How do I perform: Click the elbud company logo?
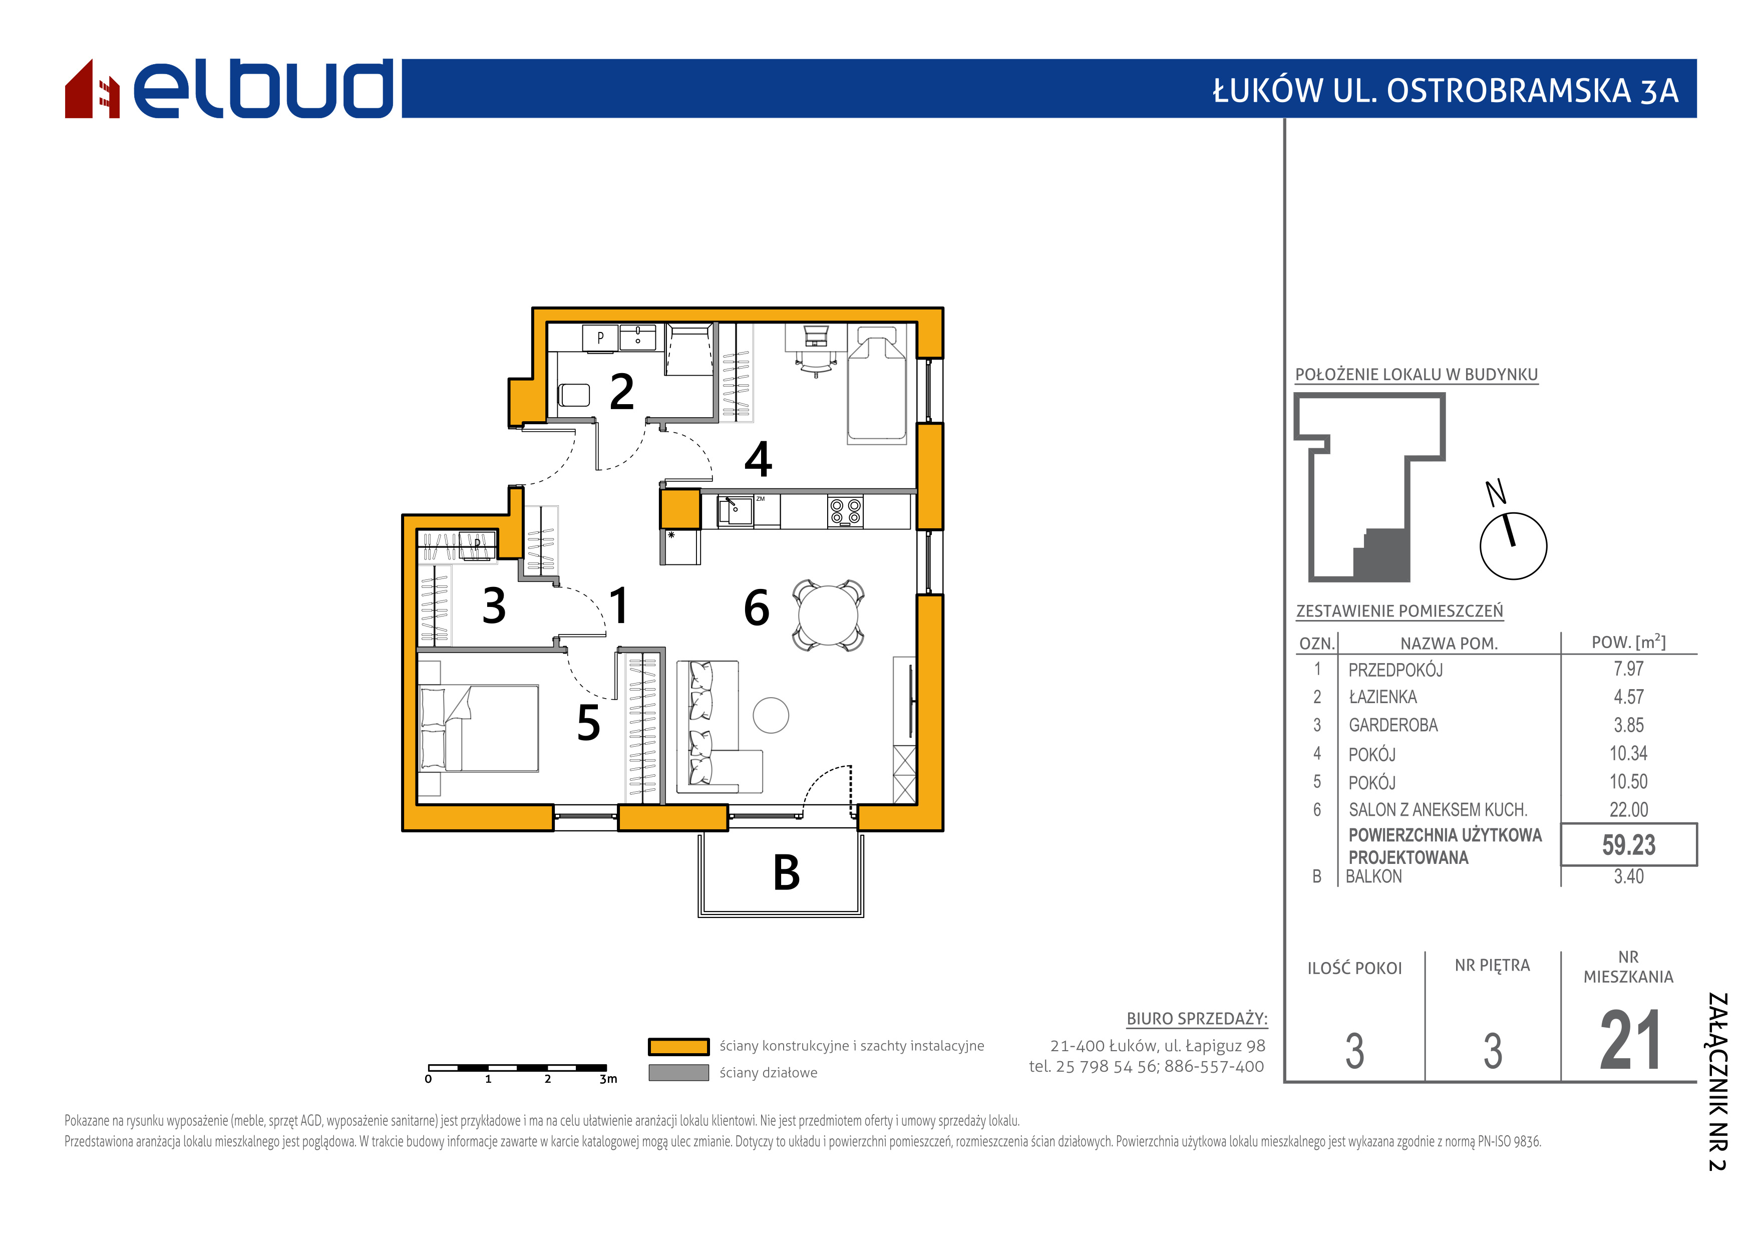[229, 89]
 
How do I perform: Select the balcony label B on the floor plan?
[786, 872]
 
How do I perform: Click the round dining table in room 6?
[828, 615]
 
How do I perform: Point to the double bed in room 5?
[479, 728]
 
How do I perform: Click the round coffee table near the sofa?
[771, 715]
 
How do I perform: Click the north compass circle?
[1514, 546]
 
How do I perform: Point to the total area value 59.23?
[1629, 845]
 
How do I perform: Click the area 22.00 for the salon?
[1629, 809]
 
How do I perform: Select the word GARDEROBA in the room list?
[1393, 725]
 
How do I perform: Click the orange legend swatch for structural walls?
[678, 1046]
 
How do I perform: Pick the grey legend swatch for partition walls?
[678, 1072]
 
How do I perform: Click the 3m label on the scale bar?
[608, 1079]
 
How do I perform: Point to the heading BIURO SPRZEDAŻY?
[1197, 1019]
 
